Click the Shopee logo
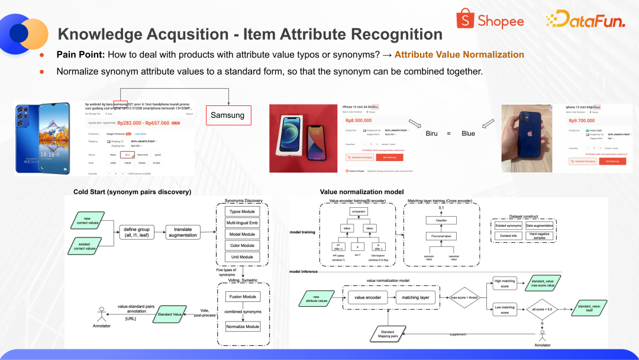pos(490,21)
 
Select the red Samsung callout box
pos(228,115)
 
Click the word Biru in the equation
pos(432,133)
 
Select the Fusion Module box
pos(243,296)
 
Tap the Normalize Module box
pos(243,326)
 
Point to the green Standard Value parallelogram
pos(169,314)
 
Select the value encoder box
pos(368,298)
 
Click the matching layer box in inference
pos(416,298)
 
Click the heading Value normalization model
pos(362,192)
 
